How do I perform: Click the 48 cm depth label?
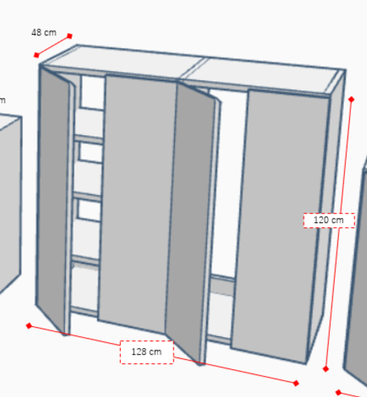(44, 32)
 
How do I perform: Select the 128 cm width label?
(146, 351)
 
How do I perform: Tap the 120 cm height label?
(329, 220)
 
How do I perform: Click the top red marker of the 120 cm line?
(351, 100)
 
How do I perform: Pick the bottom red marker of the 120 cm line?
(326, 369)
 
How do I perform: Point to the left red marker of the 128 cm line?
(29, 326)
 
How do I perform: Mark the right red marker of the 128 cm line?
(296, 383)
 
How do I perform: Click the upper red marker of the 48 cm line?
(69, 35)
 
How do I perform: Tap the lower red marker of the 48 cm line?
(36, 55)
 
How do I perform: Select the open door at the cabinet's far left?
(53, 197)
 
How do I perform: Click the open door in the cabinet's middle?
(192, 220)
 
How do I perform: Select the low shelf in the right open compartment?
(222, 280)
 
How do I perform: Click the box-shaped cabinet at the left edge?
(10, 203)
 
